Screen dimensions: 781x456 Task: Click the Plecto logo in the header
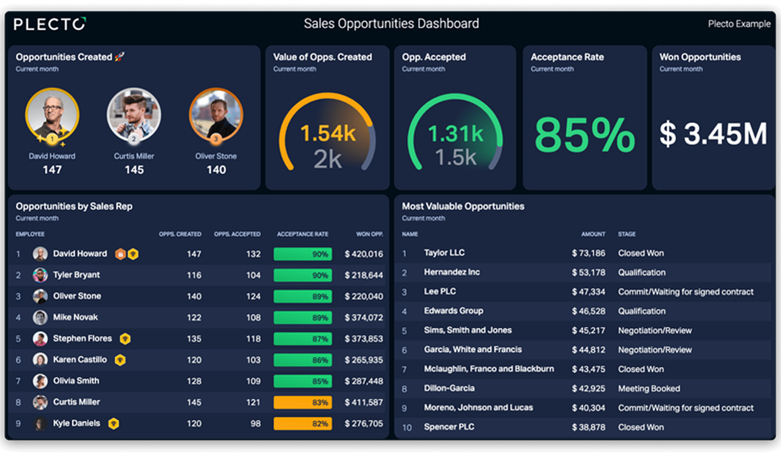coord(50,24)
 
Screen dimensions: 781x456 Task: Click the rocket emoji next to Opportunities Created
coord(119,56)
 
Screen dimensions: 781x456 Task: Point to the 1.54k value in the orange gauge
coord(328,133)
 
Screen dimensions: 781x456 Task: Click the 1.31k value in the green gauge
coord(456,133)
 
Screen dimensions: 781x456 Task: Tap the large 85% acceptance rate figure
coord(584,134)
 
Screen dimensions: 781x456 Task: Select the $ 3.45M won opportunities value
coord(713,133)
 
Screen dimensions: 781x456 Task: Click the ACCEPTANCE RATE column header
coord(302,234)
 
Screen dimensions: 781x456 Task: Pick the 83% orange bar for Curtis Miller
coord(302,402)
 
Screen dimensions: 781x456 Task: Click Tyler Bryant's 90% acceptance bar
coord(302,275)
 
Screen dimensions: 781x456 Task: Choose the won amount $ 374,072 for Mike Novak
coord(364,317)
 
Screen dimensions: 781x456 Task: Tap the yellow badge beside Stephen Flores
coord(125,339)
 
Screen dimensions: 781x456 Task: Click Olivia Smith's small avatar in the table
coord(40,381)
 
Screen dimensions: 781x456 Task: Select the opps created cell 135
coord(194,339)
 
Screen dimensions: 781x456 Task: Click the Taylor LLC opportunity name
coord(444,253)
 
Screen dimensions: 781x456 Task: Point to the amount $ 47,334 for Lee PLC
coord(589,292)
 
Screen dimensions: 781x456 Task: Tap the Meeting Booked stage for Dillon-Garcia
coord(649,389)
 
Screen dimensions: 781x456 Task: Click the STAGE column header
coord(627,234)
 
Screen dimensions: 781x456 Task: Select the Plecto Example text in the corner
coord(739,23)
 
